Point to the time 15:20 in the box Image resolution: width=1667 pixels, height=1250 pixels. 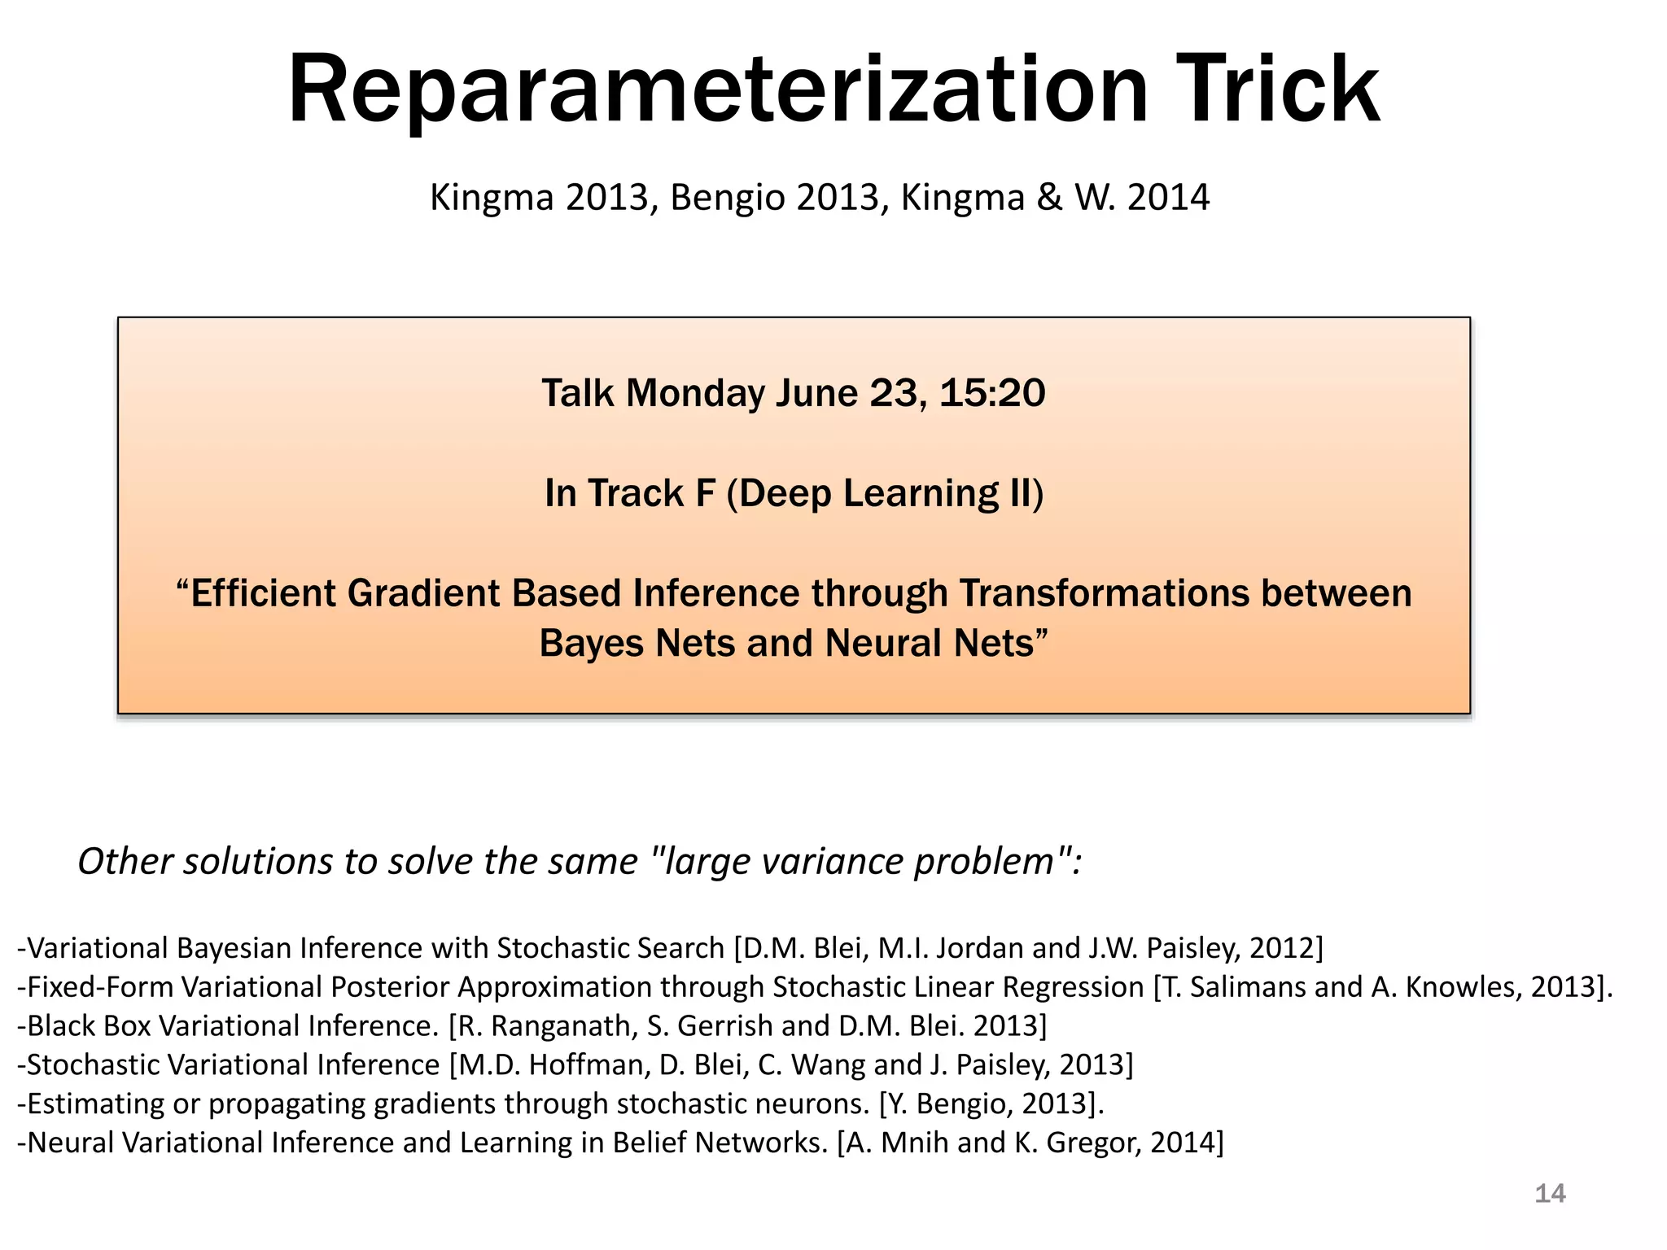pyautogui.click(x=991, y=393)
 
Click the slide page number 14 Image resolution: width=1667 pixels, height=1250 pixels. pyautogui.click(x=1550, y=1194)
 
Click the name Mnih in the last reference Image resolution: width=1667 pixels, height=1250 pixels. pyautogui.click(x=915, y=1143)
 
